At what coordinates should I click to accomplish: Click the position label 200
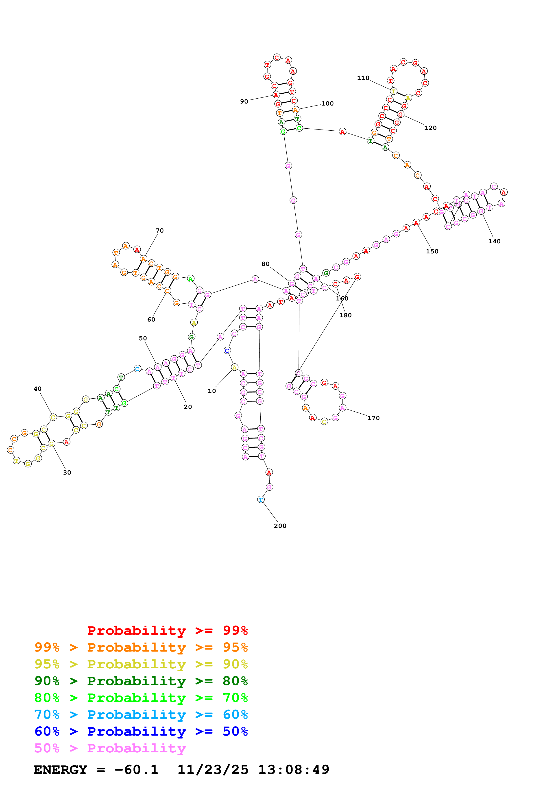280,526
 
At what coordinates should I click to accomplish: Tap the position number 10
212,391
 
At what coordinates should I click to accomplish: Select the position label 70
160,230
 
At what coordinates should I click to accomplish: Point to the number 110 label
363,78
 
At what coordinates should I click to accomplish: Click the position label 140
494,241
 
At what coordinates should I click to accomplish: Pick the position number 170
373,418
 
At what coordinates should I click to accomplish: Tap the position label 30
67,472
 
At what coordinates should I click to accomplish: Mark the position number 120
430,128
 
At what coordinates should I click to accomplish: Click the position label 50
143,338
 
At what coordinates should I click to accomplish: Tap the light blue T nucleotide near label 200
261,499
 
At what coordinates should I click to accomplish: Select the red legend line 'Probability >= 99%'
167,631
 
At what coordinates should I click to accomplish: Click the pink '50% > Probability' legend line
110,748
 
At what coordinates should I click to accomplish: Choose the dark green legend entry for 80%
141,681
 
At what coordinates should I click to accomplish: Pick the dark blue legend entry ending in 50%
141,732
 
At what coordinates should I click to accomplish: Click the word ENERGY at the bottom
60,770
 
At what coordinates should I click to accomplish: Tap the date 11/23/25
213,770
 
